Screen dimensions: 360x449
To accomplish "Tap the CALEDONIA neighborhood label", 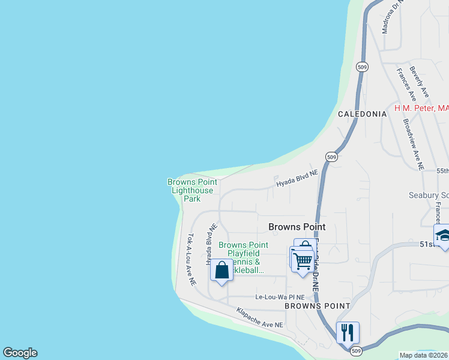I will [x=362, y=113].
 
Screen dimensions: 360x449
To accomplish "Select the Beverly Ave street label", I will [x=420, y=82].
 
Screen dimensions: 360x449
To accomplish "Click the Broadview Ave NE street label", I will [x=413, y=143].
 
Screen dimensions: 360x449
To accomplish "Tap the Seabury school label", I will [x=428, y=195].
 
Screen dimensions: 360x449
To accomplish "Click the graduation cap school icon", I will [x=443, y=235].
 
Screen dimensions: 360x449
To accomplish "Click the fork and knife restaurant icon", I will [x=348, y=332].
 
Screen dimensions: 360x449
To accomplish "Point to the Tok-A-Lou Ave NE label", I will [x=191, y=259].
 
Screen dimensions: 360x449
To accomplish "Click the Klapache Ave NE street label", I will [x=259, y=318].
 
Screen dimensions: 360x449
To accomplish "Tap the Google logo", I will [x=20, y=353].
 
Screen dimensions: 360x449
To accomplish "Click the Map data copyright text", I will [x=424, y=355].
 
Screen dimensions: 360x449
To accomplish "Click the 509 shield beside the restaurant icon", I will [x=356, y=350].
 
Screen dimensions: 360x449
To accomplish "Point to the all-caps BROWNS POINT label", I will [x=317, y=305].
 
